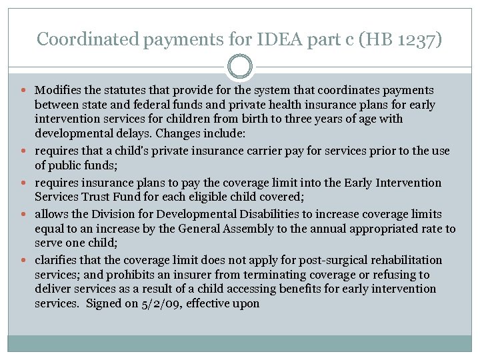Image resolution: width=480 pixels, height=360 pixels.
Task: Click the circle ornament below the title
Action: click(x=240, y=67)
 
